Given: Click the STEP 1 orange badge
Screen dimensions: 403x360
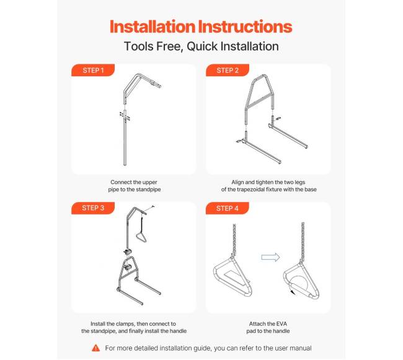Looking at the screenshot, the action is coord(93,70).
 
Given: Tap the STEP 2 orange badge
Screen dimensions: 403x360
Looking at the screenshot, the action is coord(228,70).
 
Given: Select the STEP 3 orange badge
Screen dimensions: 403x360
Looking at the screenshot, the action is coord(93,208).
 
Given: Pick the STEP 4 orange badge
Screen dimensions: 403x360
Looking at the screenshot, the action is coord(228,208).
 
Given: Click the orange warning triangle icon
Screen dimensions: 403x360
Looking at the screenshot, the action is coord(95,348).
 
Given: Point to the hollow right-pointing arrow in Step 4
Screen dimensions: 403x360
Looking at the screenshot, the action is coord(270,257).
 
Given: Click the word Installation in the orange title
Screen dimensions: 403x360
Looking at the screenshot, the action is coord(153,27).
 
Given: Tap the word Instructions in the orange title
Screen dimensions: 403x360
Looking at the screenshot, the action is coord(245,27).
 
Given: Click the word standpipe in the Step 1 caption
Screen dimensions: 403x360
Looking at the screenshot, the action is coord(148,190).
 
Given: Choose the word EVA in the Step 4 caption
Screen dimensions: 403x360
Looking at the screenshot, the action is coord(281,324).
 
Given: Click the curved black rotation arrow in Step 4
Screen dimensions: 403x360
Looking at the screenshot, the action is coord(292,291).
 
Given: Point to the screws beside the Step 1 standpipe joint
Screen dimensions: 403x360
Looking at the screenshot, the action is coord(125,116).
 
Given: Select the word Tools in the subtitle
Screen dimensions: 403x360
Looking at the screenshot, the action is coord(139,46).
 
